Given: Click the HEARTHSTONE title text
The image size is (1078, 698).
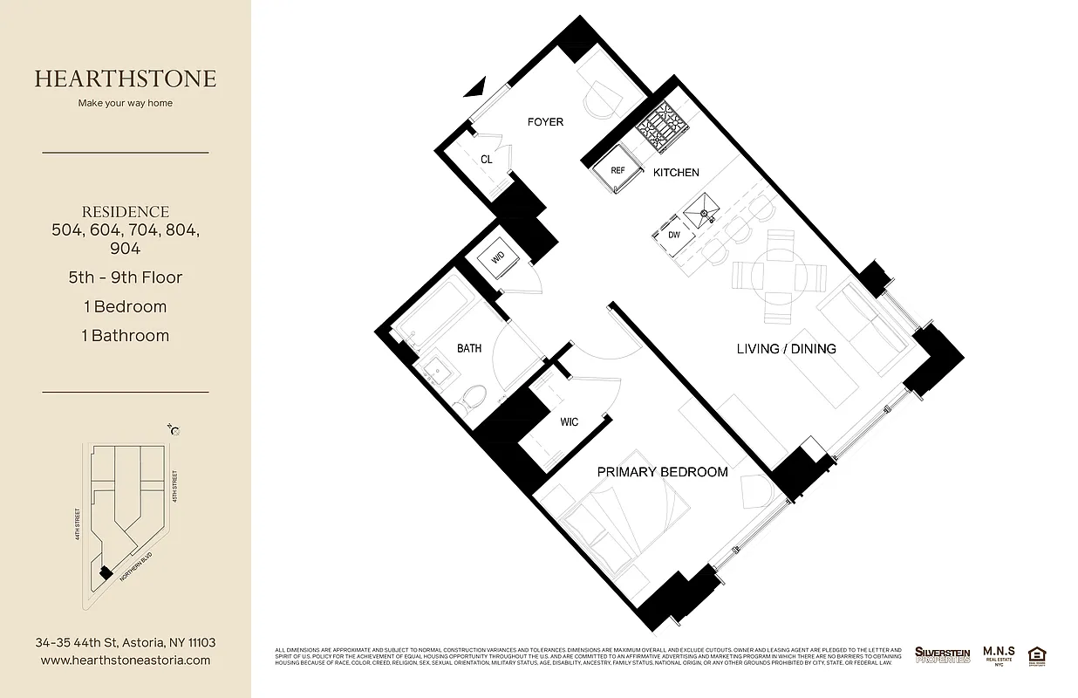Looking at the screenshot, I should point(126,79).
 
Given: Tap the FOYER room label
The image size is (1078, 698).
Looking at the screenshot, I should point(545,122).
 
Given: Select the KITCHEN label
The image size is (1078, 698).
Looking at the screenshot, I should point(676,173).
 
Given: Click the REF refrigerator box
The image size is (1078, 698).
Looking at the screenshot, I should point(617,171).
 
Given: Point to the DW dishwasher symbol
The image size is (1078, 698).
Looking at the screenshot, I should point(674,235).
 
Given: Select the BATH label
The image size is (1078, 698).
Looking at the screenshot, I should point(469,349).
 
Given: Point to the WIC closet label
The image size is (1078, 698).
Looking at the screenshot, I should point(569,422).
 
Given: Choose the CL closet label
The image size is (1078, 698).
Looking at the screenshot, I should point(487,160).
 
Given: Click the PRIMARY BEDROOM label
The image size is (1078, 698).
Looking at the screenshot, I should point(662,472).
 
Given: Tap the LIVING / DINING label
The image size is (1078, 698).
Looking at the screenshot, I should point(786,349).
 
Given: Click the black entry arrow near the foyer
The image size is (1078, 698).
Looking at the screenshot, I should point(473,86).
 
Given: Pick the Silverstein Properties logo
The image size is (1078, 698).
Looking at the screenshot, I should point(942,654).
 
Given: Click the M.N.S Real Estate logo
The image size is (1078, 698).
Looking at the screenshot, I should point(998,654).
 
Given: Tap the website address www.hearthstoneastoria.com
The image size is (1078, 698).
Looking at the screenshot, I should point(126,660).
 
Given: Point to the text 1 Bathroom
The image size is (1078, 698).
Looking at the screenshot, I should point(126,336).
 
